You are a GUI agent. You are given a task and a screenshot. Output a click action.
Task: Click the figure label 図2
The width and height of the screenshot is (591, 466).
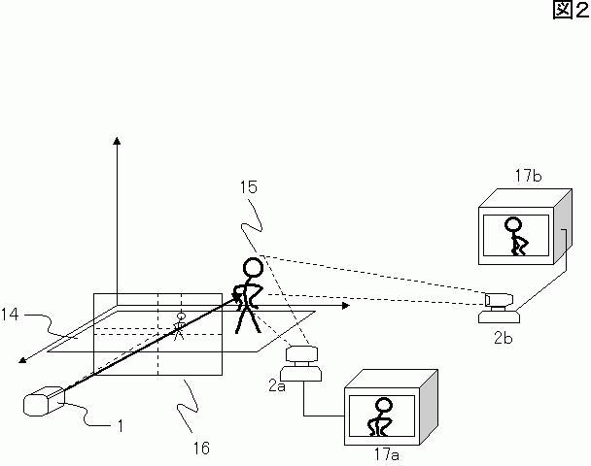click(x=571, y=10)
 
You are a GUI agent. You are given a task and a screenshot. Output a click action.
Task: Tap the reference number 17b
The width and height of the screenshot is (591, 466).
click(x=528, y=176)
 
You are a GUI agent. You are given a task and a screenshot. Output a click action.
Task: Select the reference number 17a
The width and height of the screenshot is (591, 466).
click(x=386, y=454)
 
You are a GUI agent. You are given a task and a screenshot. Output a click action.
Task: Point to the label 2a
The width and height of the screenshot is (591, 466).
click(x=277, y=385)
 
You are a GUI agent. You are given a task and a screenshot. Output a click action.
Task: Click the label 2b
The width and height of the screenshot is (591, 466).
click(x=504, y=338)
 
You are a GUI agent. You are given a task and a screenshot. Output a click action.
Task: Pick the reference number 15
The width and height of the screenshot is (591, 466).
click(x=249, y=187)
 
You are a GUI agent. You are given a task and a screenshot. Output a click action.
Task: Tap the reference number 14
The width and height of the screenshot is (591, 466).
click(x=10, y=315)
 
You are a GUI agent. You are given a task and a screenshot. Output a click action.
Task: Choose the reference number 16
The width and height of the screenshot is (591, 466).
click(x=201, y=448)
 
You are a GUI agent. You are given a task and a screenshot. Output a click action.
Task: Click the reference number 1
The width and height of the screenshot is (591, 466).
click(x=121, y=426)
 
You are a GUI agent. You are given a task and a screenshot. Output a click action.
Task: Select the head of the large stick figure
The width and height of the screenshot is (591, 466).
click(x=253, y=268)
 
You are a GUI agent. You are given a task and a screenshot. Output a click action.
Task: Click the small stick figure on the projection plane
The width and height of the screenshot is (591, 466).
click(x=180, y=326)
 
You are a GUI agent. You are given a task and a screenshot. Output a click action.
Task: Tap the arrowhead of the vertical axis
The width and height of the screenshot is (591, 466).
click(x=117, y=141)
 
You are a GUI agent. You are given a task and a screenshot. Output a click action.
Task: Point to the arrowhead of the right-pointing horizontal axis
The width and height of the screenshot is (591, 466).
click(x=346, y=306)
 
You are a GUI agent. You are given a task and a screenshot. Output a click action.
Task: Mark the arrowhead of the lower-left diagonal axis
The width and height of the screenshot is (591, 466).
click(x=22, y=360)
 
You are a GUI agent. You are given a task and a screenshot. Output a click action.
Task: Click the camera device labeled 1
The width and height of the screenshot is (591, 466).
click(x=44, y=401)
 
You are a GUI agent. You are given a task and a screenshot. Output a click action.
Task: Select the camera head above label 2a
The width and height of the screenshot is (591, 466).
click(x=301, y=353)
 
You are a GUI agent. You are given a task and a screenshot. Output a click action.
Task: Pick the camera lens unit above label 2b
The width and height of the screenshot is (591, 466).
click(x=499, y=300)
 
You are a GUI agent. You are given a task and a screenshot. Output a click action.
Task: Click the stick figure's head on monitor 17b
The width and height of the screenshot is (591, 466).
click(x=513, y=224)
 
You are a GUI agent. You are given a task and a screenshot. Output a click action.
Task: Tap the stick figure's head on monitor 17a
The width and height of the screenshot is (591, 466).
click(x=384, y=406)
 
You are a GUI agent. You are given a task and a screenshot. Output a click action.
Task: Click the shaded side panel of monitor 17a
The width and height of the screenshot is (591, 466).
click(x=429, y=407)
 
